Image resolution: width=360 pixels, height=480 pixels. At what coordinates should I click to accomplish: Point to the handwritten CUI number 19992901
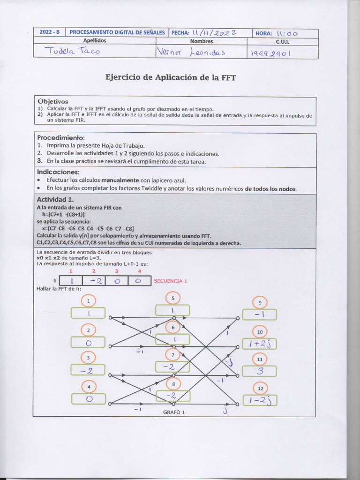(x=271, y=53)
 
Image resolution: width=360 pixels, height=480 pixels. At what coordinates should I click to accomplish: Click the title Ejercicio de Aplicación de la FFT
(x=171, y=77)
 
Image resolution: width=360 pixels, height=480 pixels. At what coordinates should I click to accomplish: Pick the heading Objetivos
(x=52, y=101)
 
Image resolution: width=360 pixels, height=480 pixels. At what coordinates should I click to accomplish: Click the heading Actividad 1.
(x=55, y=199)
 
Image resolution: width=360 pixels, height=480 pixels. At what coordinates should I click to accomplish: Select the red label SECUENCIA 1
(x=170, y=281)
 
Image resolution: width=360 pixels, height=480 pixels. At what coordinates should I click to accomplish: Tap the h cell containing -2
(x=93, y=281)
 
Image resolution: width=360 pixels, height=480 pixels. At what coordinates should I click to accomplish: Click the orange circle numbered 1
(x=88, y=300)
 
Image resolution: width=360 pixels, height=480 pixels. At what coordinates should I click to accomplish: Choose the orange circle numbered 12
(x=260, y=389)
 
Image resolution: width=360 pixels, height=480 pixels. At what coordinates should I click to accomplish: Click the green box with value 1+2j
(x=260, y=344)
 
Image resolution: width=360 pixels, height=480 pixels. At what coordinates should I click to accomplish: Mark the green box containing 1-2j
(x=260, y=400)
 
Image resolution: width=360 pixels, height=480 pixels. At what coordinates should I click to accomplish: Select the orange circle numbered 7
(x=172, y=355)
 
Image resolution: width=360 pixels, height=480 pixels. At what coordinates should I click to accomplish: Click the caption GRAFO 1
(x=174, y=412)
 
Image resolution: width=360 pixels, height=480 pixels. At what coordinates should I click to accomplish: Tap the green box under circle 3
(x=88, y=371)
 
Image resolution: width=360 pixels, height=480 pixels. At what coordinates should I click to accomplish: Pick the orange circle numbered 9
(x=260, y=302)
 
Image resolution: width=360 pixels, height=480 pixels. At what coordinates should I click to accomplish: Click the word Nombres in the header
(x=201, y=41)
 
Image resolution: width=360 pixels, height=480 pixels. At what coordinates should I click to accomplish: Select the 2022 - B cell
(x=49, y=32)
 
